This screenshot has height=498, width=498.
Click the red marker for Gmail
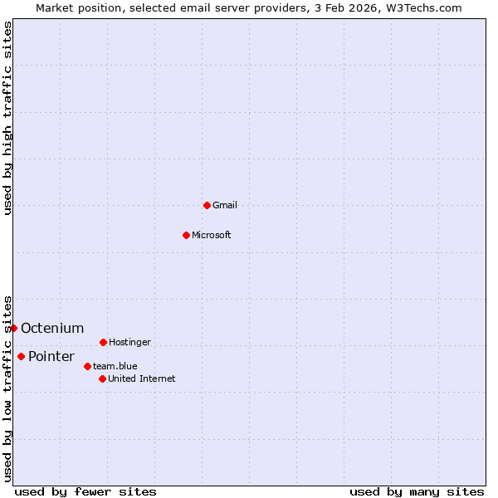pyautogui.click(x=207, y=205)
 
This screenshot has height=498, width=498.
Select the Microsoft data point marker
pyautogui.click(x=186, y=235)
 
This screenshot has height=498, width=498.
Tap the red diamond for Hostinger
pyautogui.click(x=103, y=342)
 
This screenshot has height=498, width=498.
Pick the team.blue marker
pyautogui.click(x=87, y=366)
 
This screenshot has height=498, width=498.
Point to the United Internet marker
pyautogui.click(x=102, y=378)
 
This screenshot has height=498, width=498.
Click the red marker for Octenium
pyautogui.click(x=14, y=328)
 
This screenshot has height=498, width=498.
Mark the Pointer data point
pyautogui.click(x=21, y=356)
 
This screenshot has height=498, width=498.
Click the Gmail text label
pyautogui.click(x=225, y=205)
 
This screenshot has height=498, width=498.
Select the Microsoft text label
pyautogui.click(x=212, y=235)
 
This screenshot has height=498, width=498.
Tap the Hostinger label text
pyautogui.click(x=129, y=342)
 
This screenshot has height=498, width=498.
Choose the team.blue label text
pyautogui.click(x=115, y=366)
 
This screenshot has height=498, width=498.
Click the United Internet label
pyautogui.click(x=142, y=378)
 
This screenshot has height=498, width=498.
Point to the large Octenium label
pyautogui.click(x=52, y=328)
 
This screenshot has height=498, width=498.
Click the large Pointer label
pyautogui.click(x=51, y=356)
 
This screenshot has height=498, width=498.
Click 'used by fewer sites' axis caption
pyautogui.click(x=85, y=491)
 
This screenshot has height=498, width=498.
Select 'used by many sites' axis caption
pyautogui.click(x=417, y=491)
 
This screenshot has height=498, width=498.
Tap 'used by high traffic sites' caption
pyautogui.click(x=7, y=118)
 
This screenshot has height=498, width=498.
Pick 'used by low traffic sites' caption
pyautogui.click(x=7, y=388)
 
